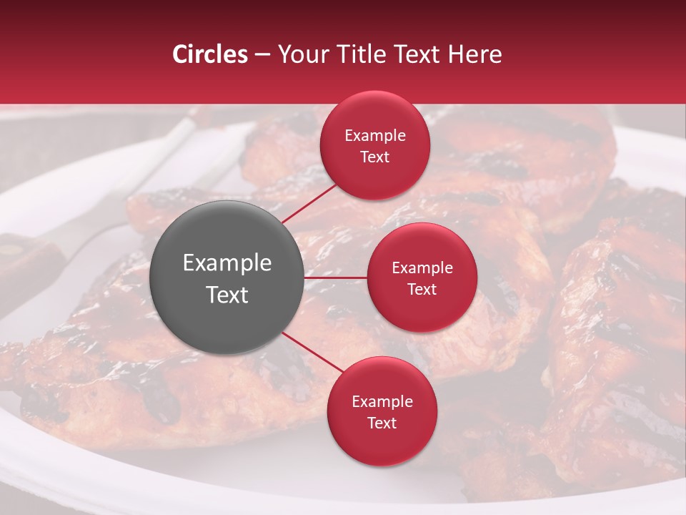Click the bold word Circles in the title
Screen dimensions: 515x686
point(209,54)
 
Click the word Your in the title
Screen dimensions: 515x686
point(301,54)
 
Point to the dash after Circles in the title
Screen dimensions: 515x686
point(262,55)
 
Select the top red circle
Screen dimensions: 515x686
point(374,172)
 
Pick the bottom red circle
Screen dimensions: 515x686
point(382,443)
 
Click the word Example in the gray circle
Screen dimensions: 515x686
point(227,263)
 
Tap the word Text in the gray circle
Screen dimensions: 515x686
point(227,295)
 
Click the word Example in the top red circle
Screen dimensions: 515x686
point(374,136)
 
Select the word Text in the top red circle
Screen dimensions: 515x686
point(374,157)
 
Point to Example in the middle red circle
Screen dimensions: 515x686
point(422,268)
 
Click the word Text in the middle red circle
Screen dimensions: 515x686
point(422,289)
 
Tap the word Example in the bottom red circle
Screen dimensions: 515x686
point(382,402)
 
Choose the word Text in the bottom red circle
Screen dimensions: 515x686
point(382,423)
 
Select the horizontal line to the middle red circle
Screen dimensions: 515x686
point(336,278)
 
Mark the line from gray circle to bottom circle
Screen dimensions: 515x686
point(313,352)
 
